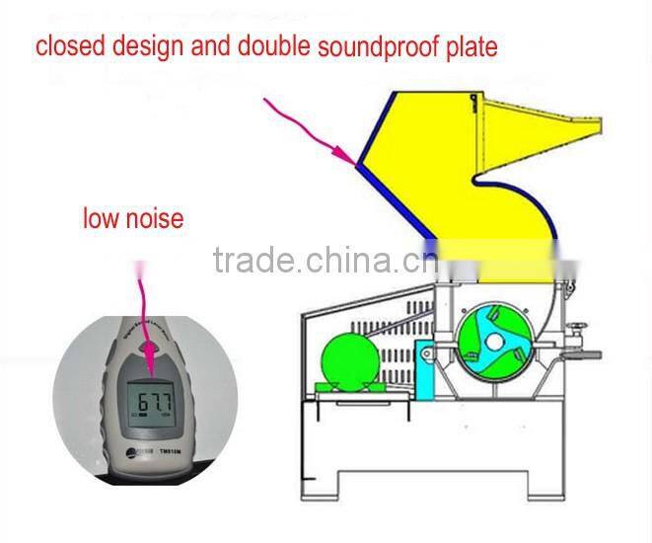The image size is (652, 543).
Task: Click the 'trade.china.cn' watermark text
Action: [326, 261]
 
